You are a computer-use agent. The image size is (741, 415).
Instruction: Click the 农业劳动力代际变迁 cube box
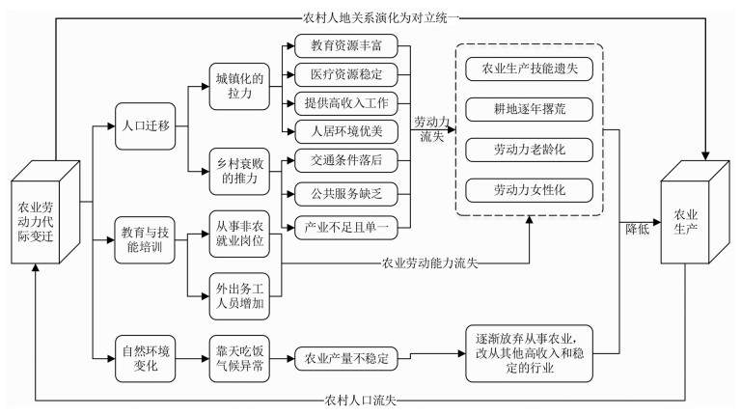pyautogui.click(x=45, y=212)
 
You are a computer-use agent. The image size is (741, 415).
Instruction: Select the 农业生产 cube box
pyautogui.click(x=695, y=211)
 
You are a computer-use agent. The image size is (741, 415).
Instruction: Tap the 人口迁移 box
pyautogui.click(x=145, y=126)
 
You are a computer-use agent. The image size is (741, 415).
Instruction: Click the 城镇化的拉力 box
pyautogui.click(x=239, y=87)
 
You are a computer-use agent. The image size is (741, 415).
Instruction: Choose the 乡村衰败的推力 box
pyautogui.click(x=239, y=172)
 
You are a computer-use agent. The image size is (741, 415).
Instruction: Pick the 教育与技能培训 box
pyautogui.click(x=145, y=240)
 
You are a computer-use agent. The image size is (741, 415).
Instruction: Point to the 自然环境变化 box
pyautogui.click(x=145, y=359)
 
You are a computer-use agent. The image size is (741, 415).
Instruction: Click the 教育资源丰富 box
pyautogui.click(x=346, y=46)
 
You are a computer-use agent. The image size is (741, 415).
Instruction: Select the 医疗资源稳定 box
pyautogui.click(x=346, y=74)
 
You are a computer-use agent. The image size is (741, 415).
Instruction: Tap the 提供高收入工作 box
pyautogui.click(x=346, y=103)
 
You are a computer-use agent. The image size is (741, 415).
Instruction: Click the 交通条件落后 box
pyautogui.click(x=346, y=161)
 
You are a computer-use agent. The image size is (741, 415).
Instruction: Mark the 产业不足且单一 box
pyautogui.click(x=346, y=228)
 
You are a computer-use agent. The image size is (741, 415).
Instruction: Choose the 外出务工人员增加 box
pyautogui.click(x=239, y=296)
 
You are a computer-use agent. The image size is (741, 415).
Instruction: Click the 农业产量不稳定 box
pyautogui.click(x=346, y=359)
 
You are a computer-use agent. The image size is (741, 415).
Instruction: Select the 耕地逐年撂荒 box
pyautogui.click(x=530, y=110)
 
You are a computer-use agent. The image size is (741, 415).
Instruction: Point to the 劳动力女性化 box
pyautogui.click(x=530, y=190)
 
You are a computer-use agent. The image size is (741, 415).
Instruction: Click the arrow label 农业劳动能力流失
pyautogui.click(x=429, y=263)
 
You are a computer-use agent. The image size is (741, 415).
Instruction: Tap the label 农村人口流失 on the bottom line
pyautogui.click(x=360, y=401)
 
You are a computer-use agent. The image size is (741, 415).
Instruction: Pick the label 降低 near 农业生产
pyautogui.click(x=637, y=230)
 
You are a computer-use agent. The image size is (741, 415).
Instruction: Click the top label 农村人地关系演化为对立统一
pyautogui.click(x=380, y=18)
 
